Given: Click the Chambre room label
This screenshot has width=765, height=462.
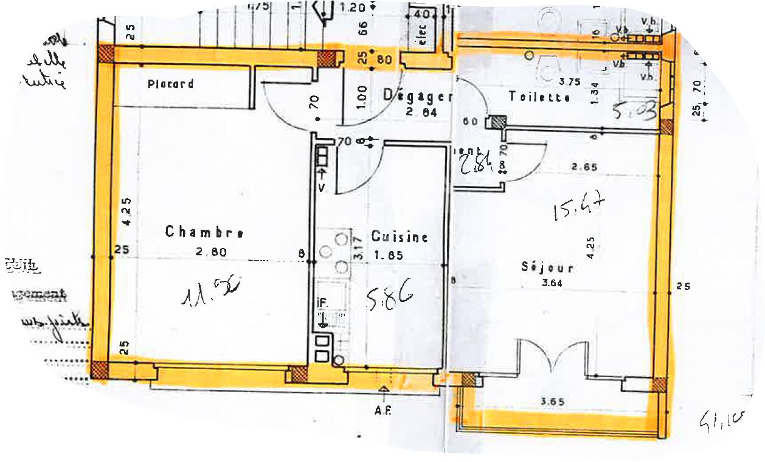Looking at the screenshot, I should pyautogui.click(x=205, y=232).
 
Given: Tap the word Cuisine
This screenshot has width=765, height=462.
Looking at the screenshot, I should pyautogui.click(x=400, y=237).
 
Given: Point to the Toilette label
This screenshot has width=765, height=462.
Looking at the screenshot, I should pyautogui.click(x=539, y=97).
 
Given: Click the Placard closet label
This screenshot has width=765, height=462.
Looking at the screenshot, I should pyautogui.click(x=171, y=84).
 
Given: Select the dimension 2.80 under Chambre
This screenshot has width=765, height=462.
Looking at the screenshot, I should pyautogui.click(x=212, y=251).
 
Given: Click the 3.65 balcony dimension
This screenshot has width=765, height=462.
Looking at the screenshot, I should pyautogui.click(x=552, y=401).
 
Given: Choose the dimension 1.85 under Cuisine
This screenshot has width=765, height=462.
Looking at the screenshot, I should pyautogui.click(x=389, y=255).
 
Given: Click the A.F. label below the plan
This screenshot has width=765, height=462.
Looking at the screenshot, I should pyautogui.click(x=382, y=410).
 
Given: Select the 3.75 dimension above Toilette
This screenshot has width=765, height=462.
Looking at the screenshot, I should pyautogui.click(x=569, y=80).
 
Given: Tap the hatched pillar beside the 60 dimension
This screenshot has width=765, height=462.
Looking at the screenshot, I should pyautogui.click(x=498, y=122).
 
